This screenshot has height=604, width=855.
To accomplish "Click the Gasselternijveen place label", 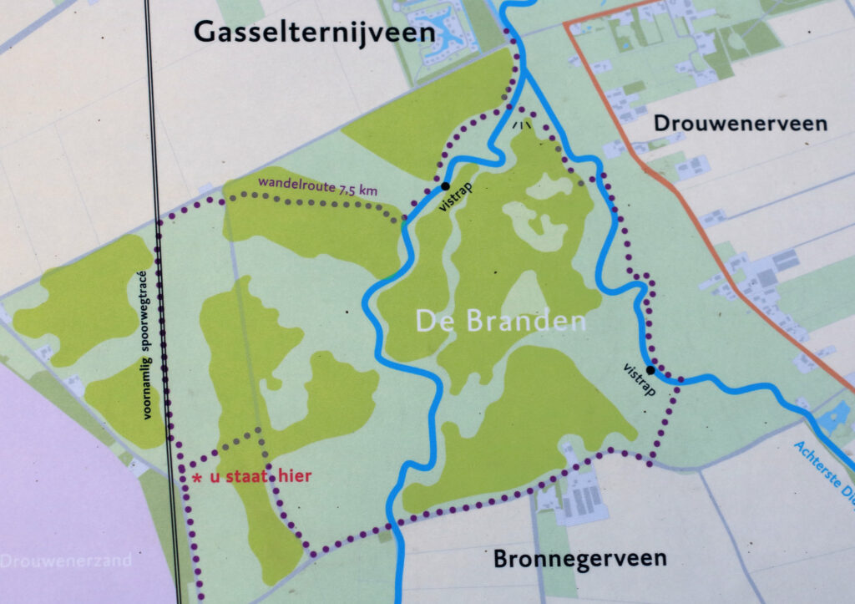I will tap(315, 33).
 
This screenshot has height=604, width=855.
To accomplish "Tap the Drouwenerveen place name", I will tap(740, 124).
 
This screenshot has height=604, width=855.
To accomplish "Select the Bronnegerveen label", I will tap(579, 558).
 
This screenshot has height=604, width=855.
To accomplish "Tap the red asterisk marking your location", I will tap(197, 479).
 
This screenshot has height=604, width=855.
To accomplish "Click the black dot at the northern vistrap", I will tap(445, 185).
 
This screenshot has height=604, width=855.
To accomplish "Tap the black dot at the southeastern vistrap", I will tap(650, 369).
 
